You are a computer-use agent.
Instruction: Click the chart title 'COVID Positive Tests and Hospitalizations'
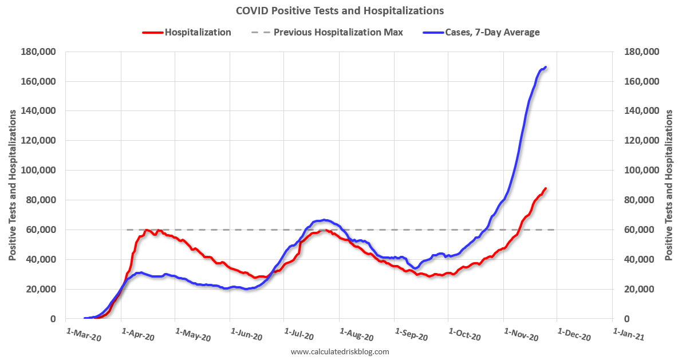340,10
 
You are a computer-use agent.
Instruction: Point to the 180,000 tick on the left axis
39,52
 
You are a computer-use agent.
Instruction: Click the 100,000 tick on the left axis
39,171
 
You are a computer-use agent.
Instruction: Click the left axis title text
13,184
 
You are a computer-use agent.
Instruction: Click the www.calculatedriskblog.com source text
340,351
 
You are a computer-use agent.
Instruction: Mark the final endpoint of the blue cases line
546,67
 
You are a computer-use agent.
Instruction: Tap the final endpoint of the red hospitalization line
546,188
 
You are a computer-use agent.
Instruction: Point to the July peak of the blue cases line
324,220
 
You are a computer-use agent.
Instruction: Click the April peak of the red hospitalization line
147,230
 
